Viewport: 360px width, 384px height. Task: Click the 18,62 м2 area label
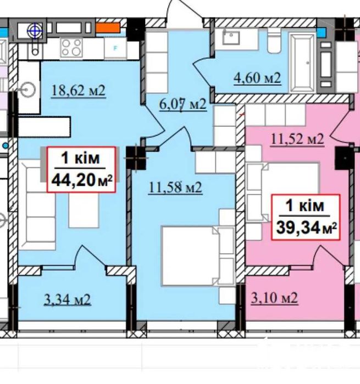pyautogui.click(x=79, y=91)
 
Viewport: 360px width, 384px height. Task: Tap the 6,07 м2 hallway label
pyautogui.click(x=183, y=104)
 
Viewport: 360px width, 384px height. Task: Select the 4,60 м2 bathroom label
pyautogui.click(x=257, y=78)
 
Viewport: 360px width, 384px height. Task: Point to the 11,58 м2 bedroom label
pyautogui.click(x=175, y=188)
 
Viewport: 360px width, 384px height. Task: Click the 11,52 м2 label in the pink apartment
pyautogui.click(x=297, y=140)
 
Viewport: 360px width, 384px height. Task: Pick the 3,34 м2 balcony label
pyautogui.click(x=68, y=299)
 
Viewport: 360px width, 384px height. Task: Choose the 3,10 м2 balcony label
pyautogui.click(x=274, y=298)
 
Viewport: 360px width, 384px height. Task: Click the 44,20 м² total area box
pyautogui.click(x=81, y=169)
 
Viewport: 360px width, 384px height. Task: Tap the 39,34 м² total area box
pyautogui.click(x=306, y=217)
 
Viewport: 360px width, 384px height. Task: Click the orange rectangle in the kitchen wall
pyautogui.click(x=108, y=27)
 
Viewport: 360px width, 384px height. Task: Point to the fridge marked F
pyautogui.click(x=115, y=48)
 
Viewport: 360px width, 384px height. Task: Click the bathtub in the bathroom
pyautogui.click(x=302, y=63)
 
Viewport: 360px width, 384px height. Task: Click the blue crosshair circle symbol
pyautogui.click(x=35, y=31)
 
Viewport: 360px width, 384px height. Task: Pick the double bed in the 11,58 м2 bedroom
pyautogui.click(x=197, y=256)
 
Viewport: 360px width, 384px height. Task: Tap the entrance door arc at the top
pyautogui.click(x=185, y=10)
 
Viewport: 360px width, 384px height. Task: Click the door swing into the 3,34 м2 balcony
pyautogui.click(x=90, y=256)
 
